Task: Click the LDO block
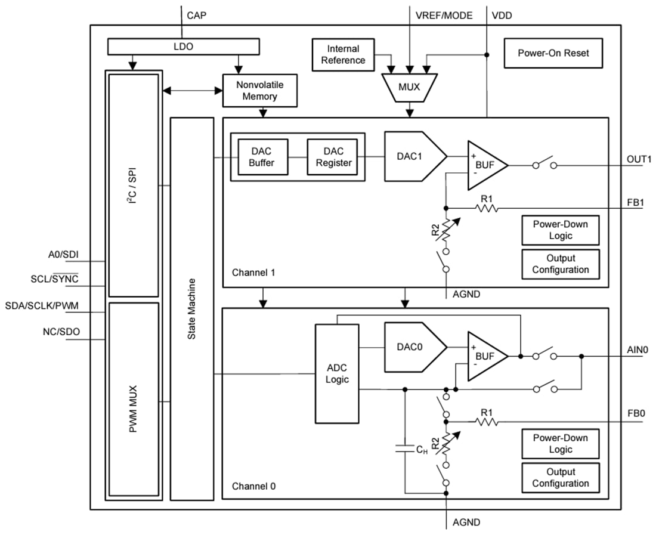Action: click(183, 46)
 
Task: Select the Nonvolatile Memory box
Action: click(259, 91)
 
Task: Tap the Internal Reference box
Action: click(343, 54)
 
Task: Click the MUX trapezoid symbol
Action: click(409, 87)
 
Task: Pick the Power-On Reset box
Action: click(553, 53)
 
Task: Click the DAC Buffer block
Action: click(263, 157)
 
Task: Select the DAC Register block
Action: click(333, 157)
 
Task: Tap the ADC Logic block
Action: click(337, 373)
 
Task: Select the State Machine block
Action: click(191, 308)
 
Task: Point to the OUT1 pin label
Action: click(639, 159)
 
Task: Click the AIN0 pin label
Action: click(638, 350)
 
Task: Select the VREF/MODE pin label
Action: click(444, 16)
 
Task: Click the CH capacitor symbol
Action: click(405, 449)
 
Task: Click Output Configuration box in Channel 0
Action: click(560, 477)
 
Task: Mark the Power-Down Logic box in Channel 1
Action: click(560, 230)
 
